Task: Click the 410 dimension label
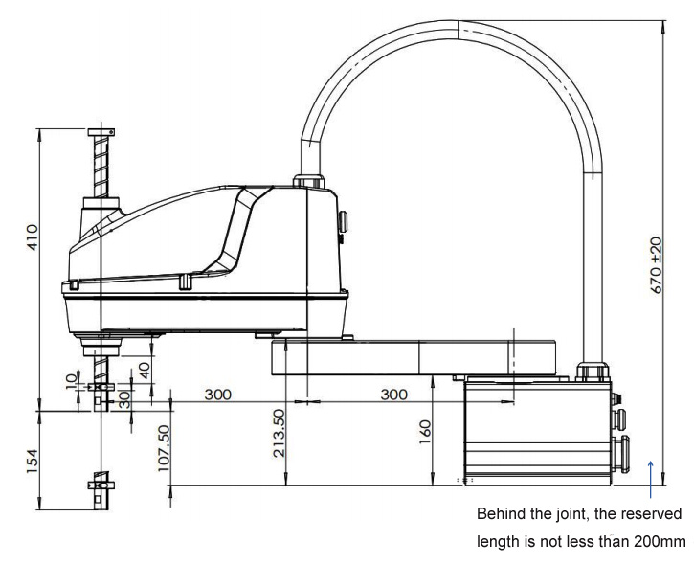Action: click(x=32, y=236)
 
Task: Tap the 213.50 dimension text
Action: click(x=279, y=434)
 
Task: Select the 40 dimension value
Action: click(x=144, y=371)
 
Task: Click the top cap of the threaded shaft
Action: click(x=100, y=132)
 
